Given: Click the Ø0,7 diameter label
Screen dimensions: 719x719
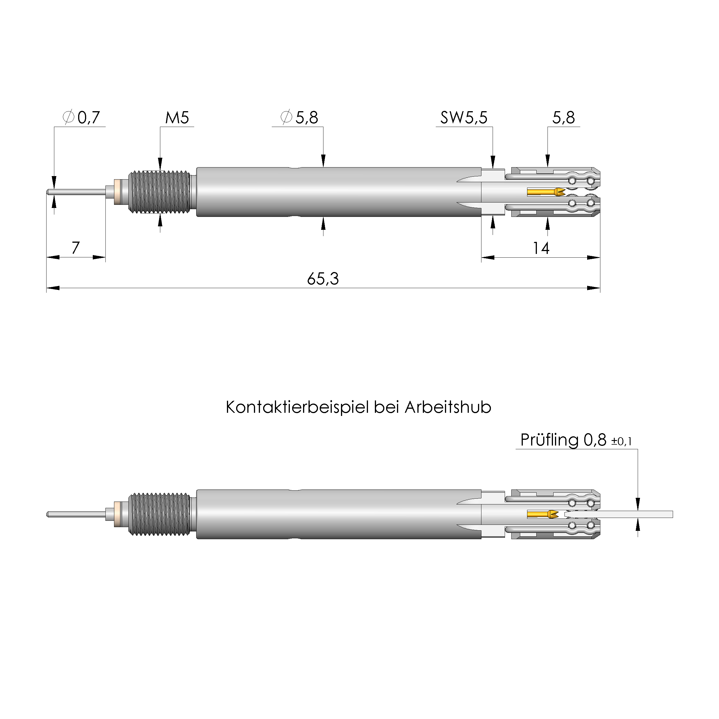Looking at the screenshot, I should (82, 117).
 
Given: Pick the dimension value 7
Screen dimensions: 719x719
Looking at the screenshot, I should (76, 248).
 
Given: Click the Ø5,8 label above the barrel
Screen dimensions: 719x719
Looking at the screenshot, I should (299, 117).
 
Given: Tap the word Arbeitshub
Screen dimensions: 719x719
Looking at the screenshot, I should (448, 408).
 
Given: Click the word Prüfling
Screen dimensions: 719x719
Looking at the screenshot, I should (549, 440).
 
